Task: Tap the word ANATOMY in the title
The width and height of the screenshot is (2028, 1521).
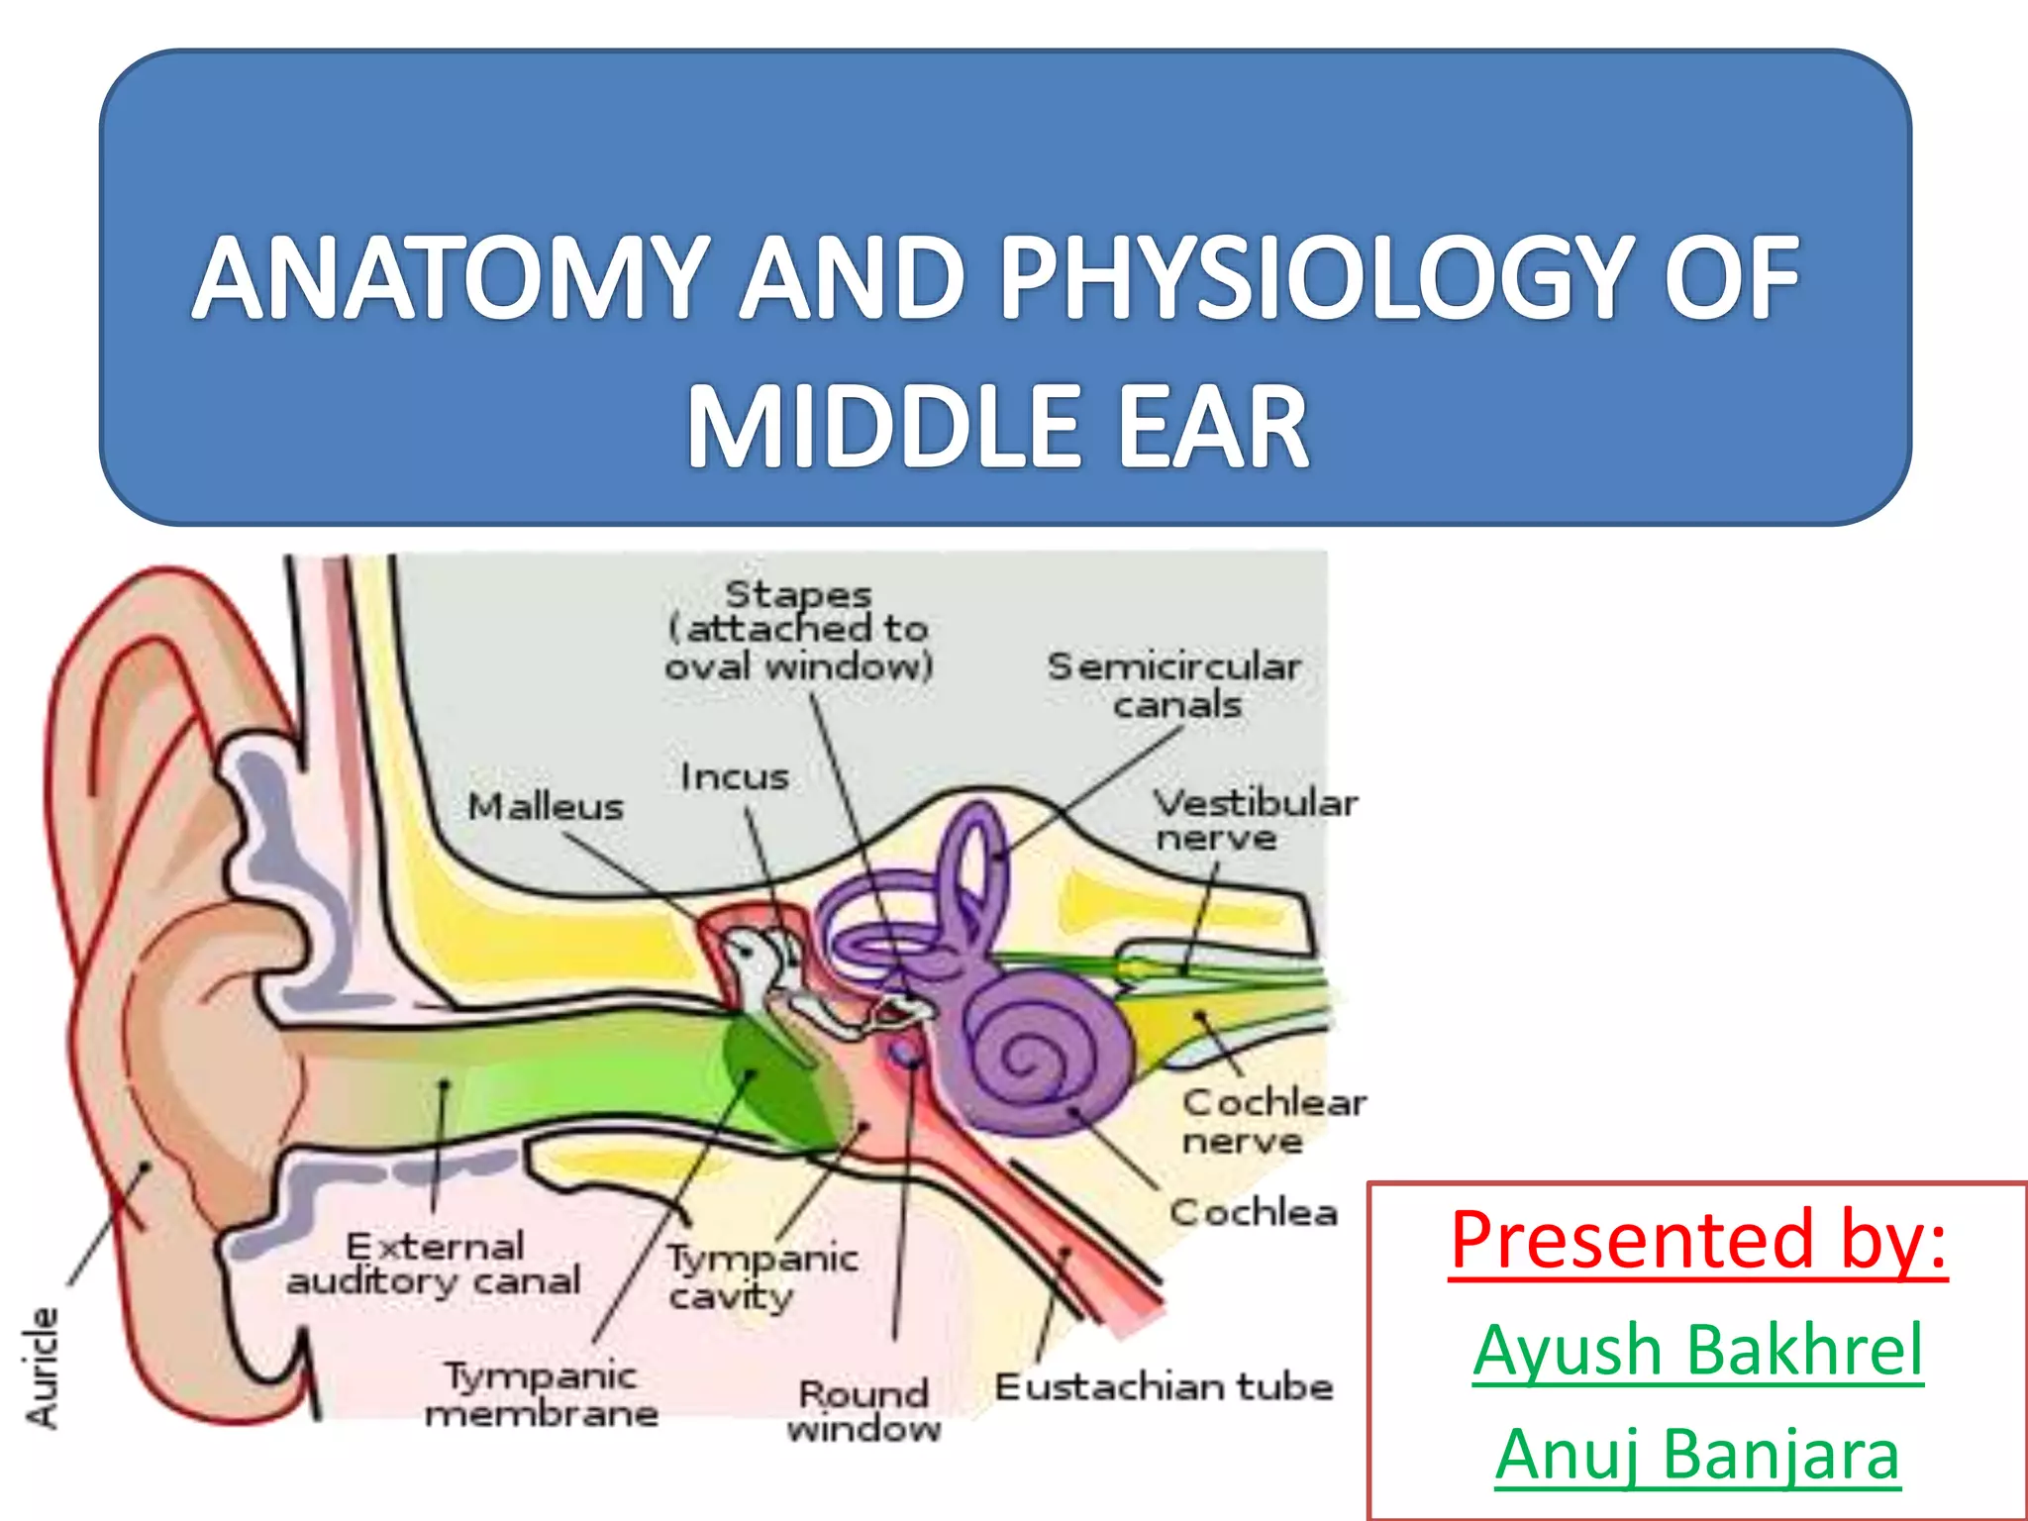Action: click(x=452, y=279)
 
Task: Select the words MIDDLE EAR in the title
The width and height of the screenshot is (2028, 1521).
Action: click(x=998, y=428)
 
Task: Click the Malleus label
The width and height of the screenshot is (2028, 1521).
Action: click(x=546, y=807)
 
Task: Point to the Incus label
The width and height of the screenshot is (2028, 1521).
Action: click(x=735, y=777)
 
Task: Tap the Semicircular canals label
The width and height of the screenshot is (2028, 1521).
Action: click(x=1174, y=685)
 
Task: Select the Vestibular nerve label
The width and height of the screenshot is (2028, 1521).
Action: click(x=1254, y=820)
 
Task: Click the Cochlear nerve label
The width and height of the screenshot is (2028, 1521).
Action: click(x=1273, y=1121)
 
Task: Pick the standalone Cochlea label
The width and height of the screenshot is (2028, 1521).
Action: click(x=1254, y=1212)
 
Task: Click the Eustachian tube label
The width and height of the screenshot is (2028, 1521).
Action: click(x=1165, y=1386)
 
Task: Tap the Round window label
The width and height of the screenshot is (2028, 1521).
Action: click(x=863, y=1411)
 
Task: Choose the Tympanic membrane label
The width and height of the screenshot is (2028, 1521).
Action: click(x=542, y=1394)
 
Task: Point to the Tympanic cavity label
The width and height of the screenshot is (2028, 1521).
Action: click(x=760, y=1277)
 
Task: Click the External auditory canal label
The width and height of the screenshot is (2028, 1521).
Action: click(x=434, y=1264)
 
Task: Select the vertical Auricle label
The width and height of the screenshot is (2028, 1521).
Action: click(x=43, y=1368)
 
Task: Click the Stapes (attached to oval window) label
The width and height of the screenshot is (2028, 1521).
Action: click(x=798, y=630)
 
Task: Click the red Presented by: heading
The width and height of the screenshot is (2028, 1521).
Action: click(x=1697, y=1240)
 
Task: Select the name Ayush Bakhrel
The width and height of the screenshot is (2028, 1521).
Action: click(x=1697, y=1349)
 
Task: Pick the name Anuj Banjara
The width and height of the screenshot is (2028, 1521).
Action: click(x=1697, y=1454)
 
